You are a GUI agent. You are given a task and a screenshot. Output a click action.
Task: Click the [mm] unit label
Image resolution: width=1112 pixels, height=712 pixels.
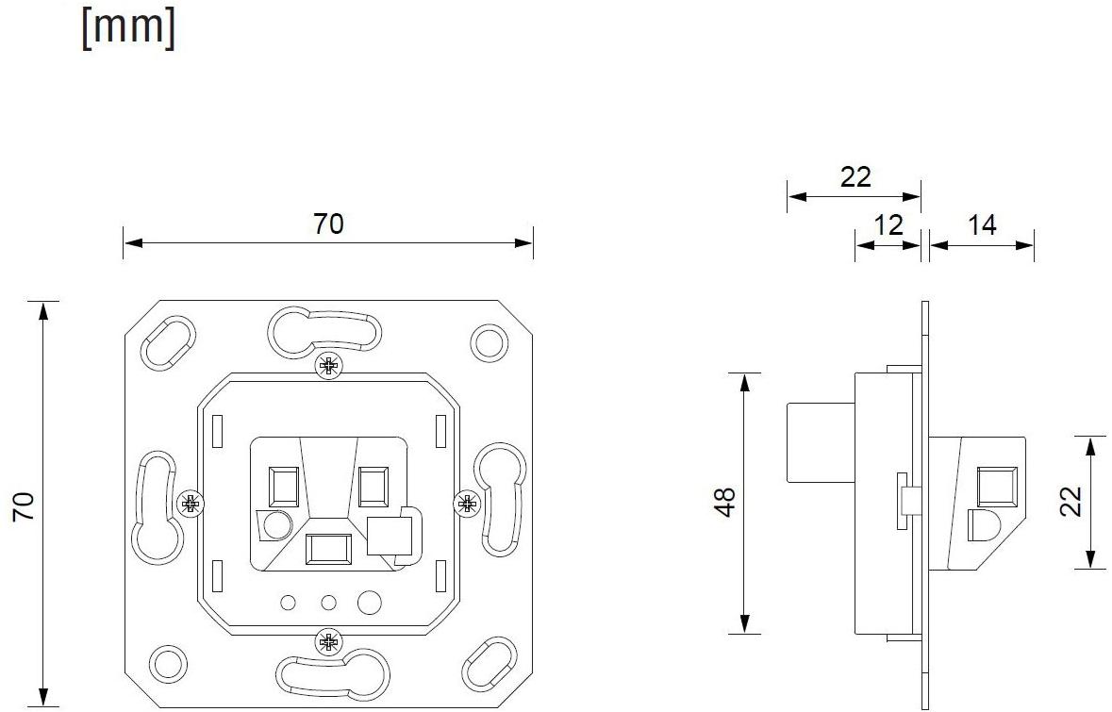point(128,28)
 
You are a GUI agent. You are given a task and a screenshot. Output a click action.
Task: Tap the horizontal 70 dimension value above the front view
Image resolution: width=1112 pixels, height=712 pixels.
point(328,224)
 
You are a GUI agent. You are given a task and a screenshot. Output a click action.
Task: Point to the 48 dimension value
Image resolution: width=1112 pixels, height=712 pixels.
point(725,503)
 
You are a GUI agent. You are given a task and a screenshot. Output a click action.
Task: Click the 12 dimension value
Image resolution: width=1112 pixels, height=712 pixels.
point(888,224)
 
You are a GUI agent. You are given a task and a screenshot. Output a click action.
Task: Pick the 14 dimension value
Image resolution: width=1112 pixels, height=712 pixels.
point(982,224)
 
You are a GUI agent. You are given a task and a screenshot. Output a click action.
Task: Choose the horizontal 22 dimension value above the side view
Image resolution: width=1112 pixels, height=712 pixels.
point(855,176)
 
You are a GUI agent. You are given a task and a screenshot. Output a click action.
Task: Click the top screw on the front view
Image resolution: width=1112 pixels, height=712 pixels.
point(328,366)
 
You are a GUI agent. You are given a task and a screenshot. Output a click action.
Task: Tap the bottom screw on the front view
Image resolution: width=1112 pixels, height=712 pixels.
point(328,643)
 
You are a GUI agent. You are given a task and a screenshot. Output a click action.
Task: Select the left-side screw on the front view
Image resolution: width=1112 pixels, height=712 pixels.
point(191,504)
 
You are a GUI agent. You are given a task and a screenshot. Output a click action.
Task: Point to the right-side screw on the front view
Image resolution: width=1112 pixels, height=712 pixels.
point(467,504)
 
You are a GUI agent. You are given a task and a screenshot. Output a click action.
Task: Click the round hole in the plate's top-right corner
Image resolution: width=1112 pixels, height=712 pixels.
point(488,341)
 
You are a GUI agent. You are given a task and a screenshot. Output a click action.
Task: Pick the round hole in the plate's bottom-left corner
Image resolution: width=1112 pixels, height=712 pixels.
point(168,663)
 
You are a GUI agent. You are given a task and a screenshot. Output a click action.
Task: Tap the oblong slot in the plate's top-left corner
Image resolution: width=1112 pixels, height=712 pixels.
point(168,342)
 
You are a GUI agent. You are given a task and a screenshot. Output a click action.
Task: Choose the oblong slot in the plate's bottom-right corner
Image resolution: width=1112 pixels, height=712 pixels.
point(488,664)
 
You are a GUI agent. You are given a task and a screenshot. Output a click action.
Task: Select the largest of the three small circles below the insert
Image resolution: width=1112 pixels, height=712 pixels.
point(370,601)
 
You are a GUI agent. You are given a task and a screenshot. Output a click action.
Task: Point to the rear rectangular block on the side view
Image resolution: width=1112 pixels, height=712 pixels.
point(820,442)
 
